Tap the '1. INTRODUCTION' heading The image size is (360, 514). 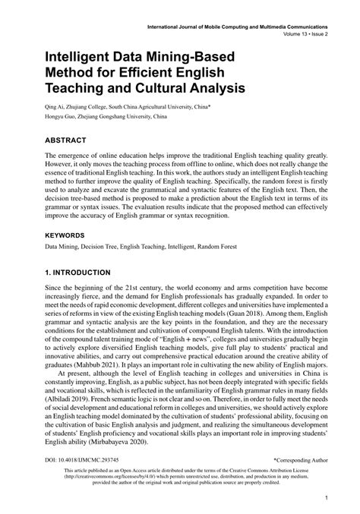click(89, 272)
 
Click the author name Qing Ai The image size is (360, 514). click(57, 107)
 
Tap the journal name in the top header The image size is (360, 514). click(241, 27)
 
